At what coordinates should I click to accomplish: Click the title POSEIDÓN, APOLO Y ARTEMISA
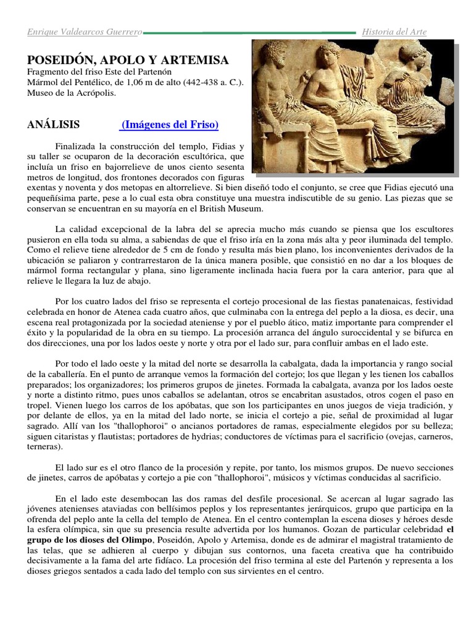(x=128, y=60)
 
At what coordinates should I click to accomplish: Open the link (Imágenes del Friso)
(x=170, y=125)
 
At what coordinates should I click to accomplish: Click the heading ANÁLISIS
(x=53, y=125)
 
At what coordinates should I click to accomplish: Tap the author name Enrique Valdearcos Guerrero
(x=85, y=31)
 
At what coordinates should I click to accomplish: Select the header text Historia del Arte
(x=393, y=31)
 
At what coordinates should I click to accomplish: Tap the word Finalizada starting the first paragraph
(x=77, y=146)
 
